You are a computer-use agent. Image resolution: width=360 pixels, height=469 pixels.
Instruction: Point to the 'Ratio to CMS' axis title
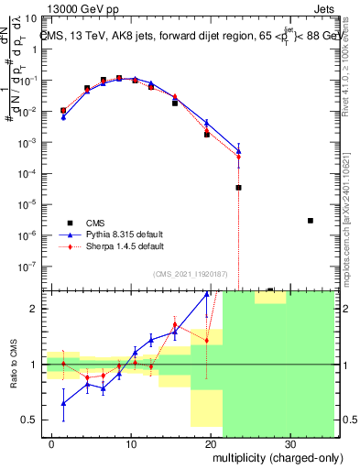[15, 365]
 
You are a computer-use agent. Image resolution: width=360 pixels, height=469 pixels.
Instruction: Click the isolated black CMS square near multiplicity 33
[311, 221]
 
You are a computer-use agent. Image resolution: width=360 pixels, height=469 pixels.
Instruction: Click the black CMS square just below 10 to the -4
[238, 188]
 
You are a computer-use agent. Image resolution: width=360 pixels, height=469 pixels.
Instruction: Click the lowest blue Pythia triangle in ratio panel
[63, 403]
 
